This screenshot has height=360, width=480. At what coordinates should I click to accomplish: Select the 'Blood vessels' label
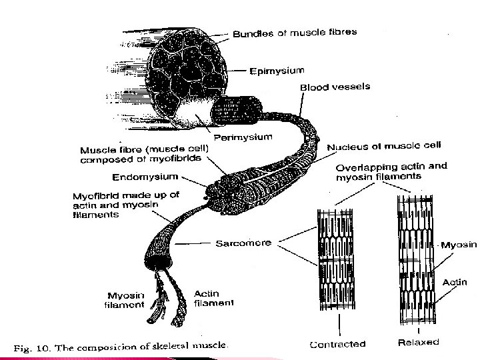[x=335, y=87]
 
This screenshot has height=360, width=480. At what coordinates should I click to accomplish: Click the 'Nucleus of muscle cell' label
[x=383, y=145]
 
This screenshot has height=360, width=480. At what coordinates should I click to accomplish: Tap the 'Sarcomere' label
[x=243, y=243]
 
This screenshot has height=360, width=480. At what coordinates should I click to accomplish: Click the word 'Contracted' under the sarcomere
[x=338, y=344]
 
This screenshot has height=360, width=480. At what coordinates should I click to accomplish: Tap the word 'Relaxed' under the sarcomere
[x=418, y=342]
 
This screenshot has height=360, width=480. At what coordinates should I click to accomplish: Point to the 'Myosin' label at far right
[x=459, y=245]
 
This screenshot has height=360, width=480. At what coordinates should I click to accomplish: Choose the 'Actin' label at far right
[x=455, y=283]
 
